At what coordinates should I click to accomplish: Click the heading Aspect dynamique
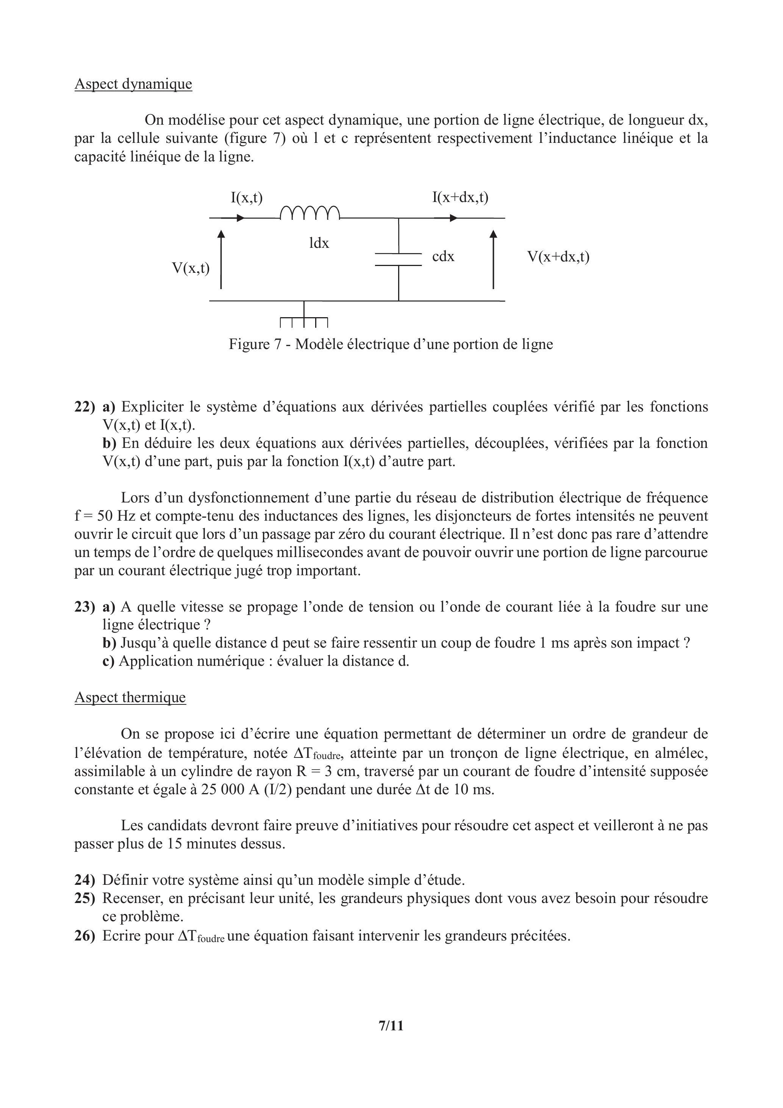(133, 84)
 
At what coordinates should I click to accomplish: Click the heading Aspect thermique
(130, 697)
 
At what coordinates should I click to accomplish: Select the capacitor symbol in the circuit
(399, 259)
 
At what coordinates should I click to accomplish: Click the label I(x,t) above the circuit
(247, 197)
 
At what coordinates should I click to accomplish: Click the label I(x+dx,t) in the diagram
(460, 197)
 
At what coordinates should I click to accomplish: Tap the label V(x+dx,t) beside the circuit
(558, 257)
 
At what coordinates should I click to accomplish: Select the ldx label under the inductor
(319, 243)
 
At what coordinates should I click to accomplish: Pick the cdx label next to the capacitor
(443, 257)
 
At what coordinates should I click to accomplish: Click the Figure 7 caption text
(391, 344)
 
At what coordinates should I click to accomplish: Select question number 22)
(85, 407)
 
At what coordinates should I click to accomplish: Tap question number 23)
(85, 607)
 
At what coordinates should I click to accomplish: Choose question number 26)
(85, 936)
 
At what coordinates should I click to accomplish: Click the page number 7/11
(391, 1039)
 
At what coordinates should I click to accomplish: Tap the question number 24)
(85, 880)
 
